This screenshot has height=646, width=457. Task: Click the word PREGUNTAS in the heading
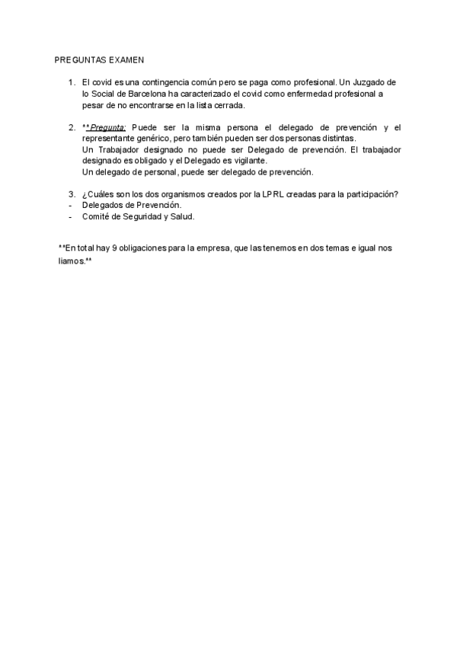79,59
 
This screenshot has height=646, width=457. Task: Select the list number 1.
72,82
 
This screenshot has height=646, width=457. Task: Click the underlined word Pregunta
107,127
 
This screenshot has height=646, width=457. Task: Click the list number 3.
72,194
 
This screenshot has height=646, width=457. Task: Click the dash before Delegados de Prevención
71,206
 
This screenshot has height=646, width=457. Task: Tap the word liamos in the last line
71,260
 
